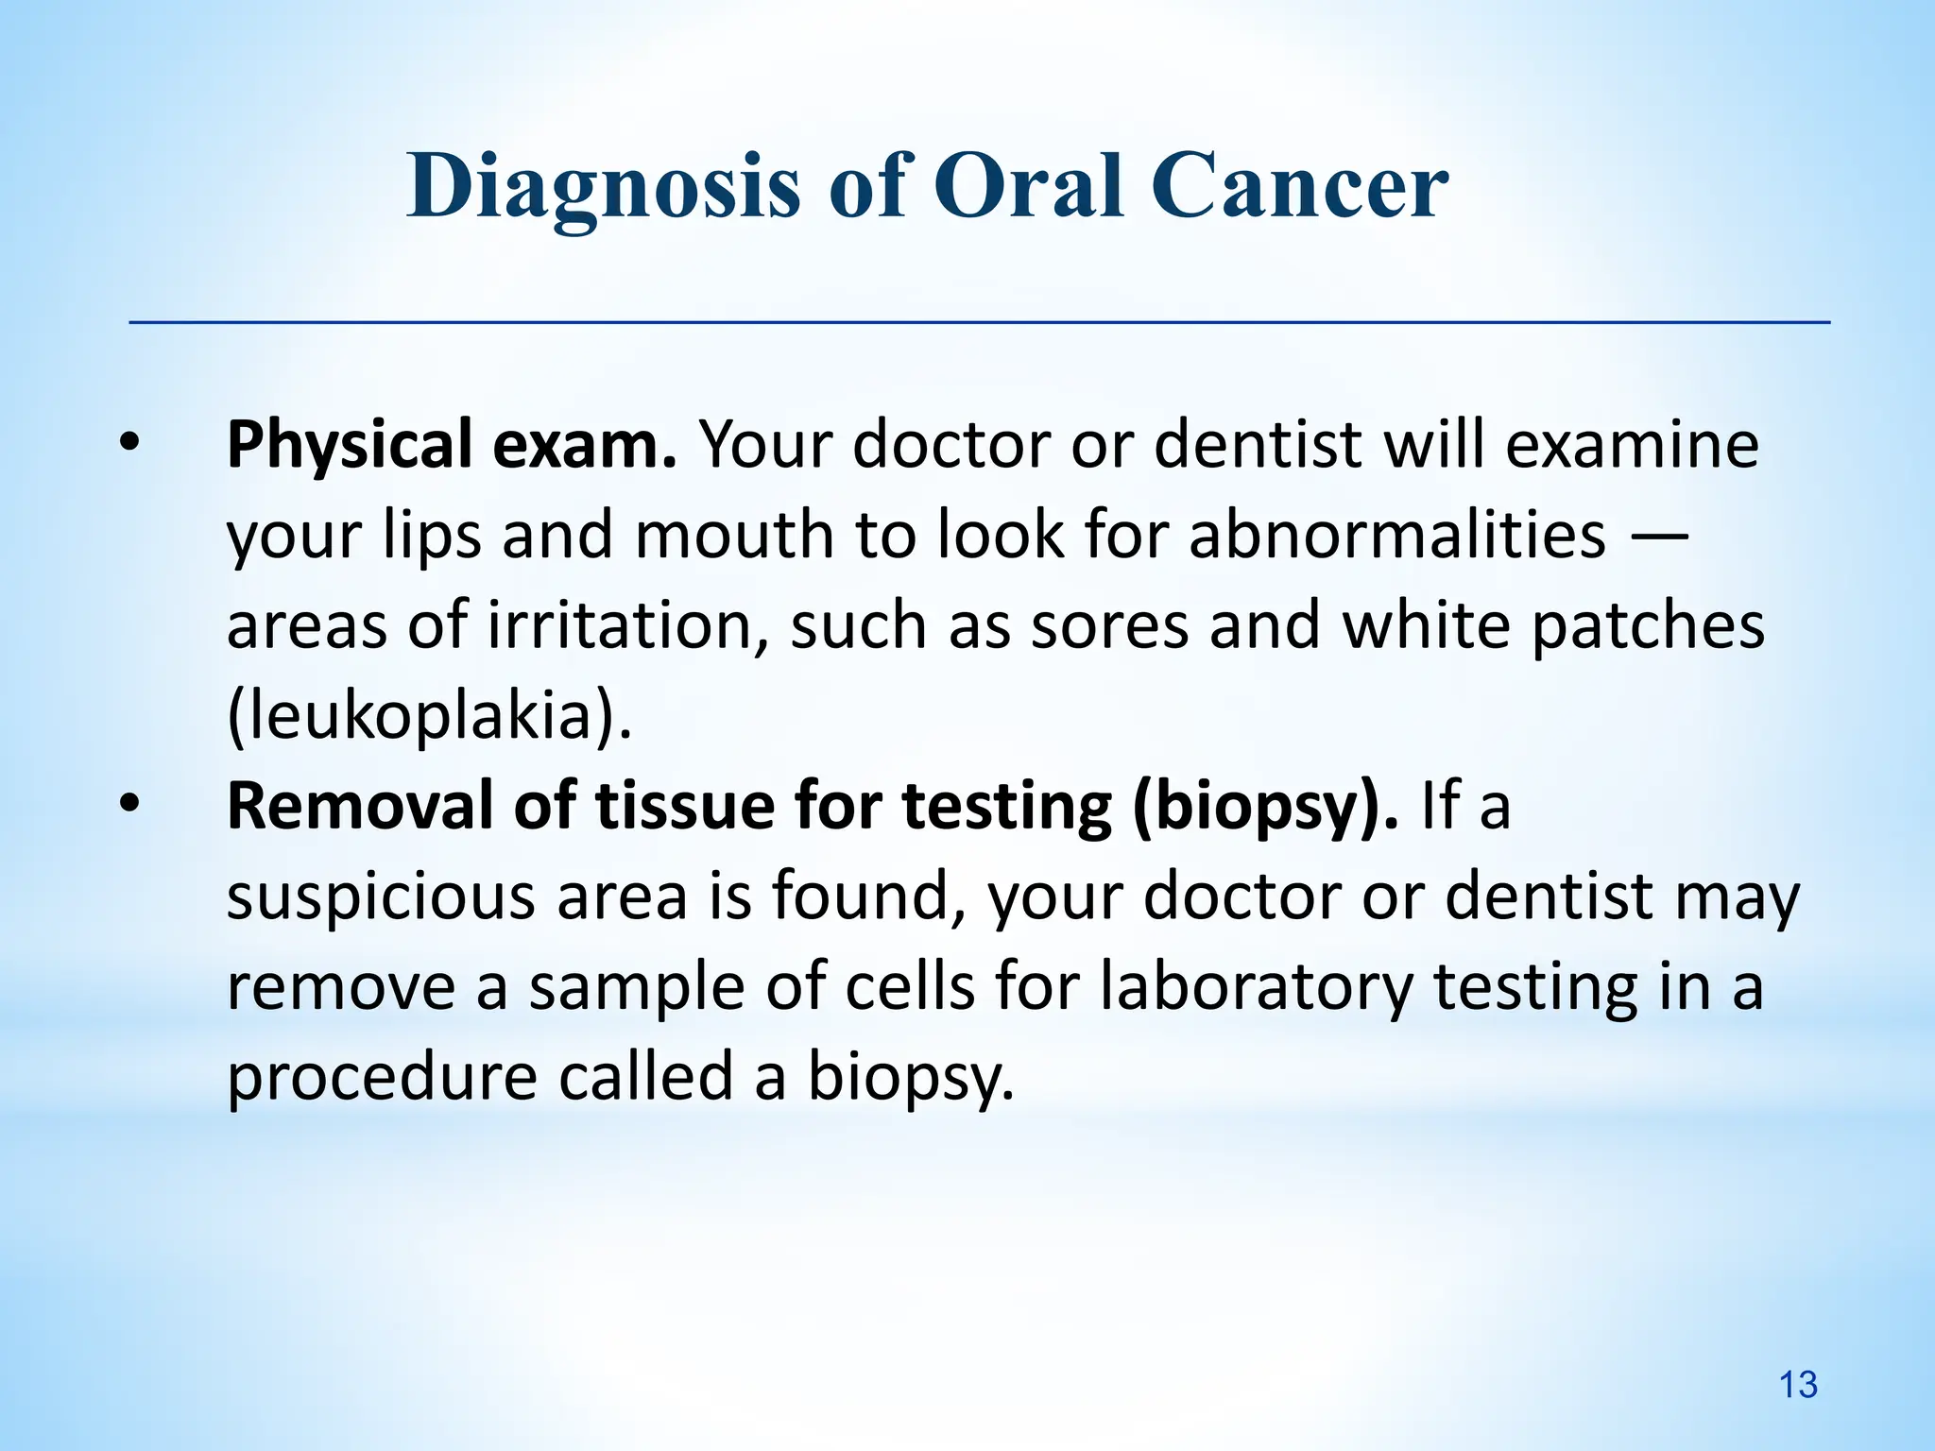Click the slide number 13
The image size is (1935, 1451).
pos(1798,1385)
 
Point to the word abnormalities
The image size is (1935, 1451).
pos(1396,536)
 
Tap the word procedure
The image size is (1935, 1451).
pos(382,1078)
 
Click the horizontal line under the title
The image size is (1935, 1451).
pos(979,323)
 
